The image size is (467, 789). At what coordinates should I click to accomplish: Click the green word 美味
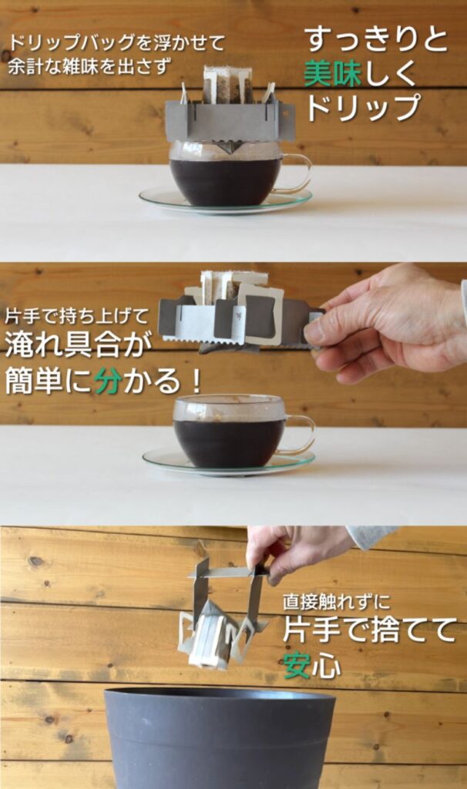(333, 73)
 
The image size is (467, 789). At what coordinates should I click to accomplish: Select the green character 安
(297, 666)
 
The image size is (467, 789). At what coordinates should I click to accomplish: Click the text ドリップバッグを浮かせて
(116, 44)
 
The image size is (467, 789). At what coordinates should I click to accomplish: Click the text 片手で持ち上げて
(78, 317)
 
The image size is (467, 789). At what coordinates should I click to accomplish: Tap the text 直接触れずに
(336, 603)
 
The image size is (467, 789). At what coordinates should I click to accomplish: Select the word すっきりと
(377, 39)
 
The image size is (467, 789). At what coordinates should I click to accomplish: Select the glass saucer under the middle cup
(229, 463)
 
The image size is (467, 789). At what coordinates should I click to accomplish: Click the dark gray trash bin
(220, 737)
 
